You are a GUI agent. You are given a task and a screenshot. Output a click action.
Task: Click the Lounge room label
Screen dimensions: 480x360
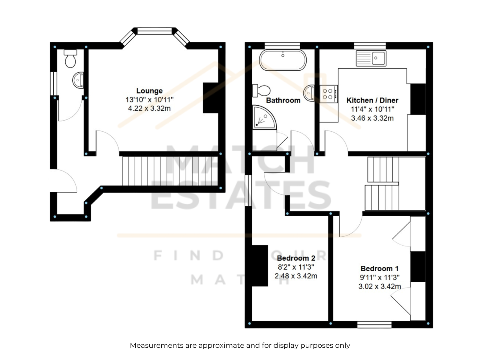point(149,91)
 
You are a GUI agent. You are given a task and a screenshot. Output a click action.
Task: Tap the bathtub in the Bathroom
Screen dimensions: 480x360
point(283,60)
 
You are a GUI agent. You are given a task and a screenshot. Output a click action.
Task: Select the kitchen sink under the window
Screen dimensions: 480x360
point(371,58)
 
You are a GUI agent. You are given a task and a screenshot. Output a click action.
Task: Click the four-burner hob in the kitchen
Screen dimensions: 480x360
point(328,94)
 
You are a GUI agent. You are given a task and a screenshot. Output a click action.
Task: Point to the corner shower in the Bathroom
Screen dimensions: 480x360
point(264,117)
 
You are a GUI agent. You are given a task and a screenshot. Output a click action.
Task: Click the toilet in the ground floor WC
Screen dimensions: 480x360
point(70,58)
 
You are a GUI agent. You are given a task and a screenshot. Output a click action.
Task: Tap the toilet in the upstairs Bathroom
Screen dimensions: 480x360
point(261,91)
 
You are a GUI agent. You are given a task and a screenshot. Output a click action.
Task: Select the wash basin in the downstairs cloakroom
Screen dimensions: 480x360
point(78,80)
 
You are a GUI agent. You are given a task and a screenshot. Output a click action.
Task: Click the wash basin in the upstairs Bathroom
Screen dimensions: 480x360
point(309,93)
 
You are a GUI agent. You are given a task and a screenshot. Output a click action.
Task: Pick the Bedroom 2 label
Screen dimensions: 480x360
point(296,258)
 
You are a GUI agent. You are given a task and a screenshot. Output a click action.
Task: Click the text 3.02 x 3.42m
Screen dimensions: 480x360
point(379,286)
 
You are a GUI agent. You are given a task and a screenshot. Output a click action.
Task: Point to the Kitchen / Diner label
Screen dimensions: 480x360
point(372,100)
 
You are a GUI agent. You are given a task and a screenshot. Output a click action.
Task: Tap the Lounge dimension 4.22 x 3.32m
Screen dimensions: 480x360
point(149,108)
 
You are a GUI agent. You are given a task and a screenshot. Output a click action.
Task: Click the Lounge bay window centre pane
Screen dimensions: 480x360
point(154,31)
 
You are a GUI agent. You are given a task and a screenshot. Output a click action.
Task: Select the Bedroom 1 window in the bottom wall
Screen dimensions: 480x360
point(374,325)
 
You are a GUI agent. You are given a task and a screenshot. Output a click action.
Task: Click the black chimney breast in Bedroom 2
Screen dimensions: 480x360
point(260,265)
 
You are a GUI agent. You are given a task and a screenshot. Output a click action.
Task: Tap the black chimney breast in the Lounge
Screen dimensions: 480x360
point(211,98)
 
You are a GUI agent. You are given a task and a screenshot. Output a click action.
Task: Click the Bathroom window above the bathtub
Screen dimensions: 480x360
point(282,46)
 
